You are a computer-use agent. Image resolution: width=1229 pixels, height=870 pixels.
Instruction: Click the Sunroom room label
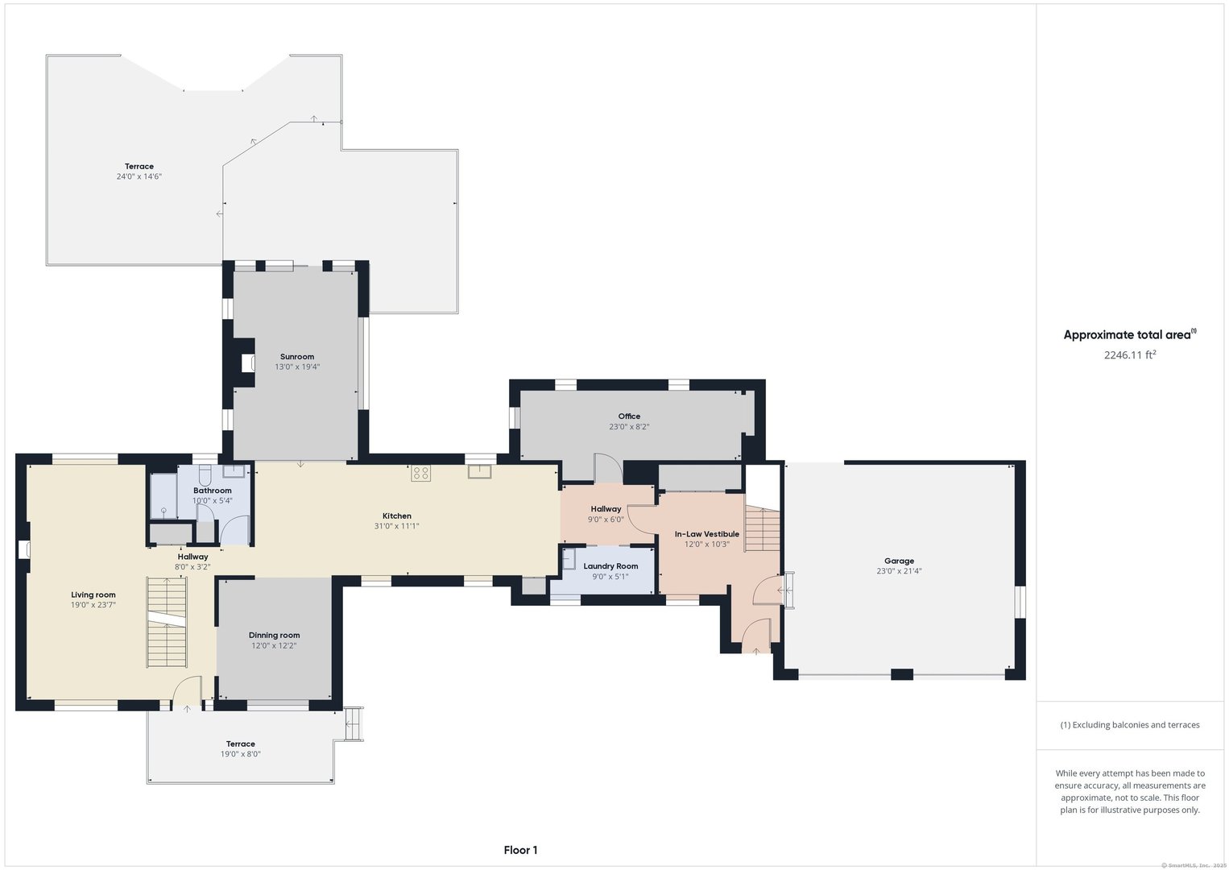point(297,356)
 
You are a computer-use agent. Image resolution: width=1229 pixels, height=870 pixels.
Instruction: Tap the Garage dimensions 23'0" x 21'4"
point(899,571)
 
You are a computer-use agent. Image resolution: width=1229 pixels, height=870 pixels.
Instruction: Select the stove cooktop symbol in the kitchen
point(421,473)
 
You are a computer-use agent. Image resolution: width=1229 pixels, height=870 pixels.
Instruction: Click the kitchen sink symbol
point(479,471)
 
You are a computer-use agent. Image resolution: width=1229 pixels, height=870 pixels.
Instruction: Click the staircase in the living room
point(167,622)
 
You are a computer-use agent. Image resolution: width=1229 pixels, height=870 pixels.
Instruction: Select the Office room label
point(629,416)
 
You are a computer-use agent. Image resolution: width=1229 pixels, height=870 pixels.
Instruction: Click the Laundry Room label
point(610,566)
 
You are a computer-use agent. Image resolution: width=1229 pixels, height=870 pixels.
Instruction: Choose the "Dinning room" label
point(274,635)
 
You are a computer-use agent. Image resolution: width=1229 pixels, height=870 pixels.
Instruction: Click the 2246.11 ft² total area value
point(1130,354)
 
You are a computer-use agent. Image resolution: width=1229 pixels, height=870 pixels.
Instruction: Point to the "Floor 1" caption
point(520,850)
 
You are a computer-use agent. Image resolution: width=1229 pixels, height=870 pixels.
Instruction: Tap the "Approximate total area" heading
point(1127,335)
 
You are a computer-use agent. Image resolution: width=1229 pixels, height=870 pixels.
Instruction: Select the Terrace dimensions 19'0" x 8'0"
point(240,754)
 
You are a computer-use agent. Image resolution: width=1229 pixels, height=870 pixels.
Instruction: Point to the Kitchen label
point(397,516)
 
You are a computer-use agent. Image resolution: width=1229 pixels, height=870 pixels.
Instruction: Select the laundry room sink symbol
point(569,559)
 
